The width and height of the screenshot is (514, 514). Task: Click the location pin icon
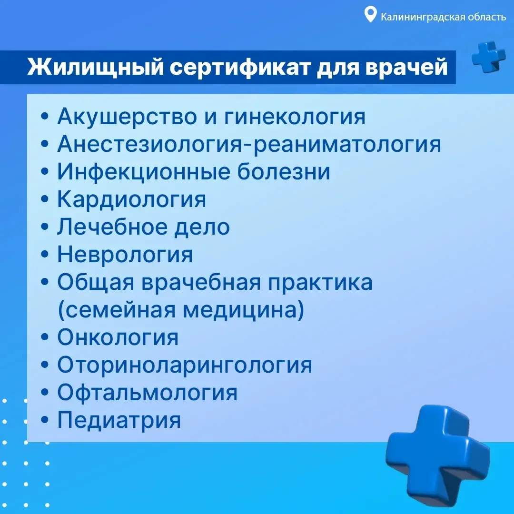coord(370,15)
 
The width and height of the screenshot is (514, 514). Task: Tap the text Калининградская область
coord(443,17)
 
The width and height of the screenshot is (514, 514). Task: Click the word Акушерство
coord(127,117)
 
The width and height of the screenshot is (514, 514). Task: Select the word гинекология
coord(295,117)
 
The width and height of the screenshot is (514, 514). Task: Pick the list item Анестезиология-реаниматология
coord(249,144)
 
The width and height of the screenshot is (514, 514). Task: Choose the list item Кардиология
coord(132,199)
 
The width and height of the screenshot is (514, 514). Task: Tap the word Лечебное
coord(112,227)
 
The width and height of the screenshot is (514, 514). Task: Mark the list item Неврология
coord(125,255)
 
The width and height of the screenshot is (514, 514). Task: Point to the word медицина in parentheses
coord(244,310)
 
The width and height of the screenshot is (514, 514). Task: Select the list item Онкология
coord(118,337)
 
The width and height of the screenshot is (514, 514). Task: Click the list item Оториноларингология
coord(185,365)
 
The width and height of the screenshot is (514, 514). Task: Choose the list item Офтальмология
coord(147,392)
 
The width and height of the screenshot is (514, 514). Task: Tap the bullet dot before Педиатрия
coord(45,420)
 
